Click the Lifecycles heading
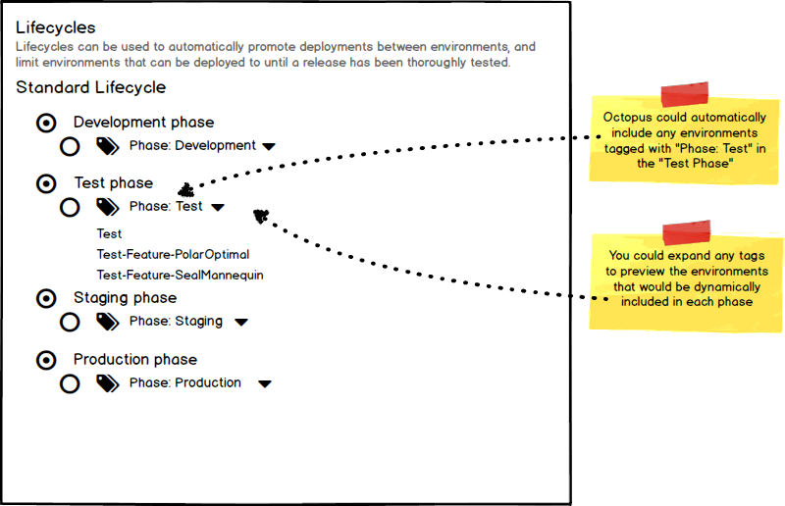click(x=56, y=27)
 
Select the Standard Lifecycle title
click(x=90, y=87)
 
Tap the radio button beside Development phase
click(x=45, y=123)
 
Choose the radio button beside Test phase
click(x=45, y=183)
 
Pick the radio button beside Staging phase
click(x=45, y=298)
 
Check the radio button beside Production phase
click(x=45, y=360)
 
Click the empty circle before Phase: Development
click(x=70, y=147)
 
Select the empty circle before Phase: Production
click(x=70, y=383)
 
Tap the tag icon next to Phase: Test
click(x=107, y=207)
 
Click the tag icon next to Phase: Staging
click(x=107, y=322)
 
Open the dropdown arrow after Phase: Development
click(x=268, y=147)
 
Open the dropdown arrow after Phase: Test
click(x=217, y=208)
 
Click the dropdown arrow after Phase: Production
click(x=264, y=384)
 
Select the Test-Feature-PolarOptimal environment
click(x=173, y=255)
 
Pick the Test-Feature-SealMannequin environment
click(x=180, y=276)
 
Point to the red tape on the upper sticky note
click(x=690, y=95)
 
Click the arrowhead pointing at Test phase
click(x=185, y=188)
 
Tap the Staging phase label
click(x=125, y=298)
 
